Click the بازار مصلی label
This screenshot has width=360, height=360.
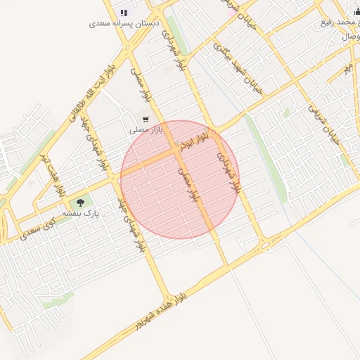[146, 130]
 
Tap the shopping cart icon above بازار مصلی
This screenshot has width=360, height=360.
[146, 120]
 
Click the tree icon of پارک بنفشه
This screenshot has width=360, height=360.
[80, 202]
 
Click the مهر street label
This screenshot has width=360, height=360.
[347, 67]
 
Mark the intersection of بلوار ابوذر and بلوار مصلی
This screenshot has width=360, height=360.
[174, 152]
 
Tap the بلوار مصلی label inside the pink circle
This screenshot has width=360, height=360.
[188, 184]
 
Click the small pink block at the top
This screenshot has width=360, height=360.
[231, 12]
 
